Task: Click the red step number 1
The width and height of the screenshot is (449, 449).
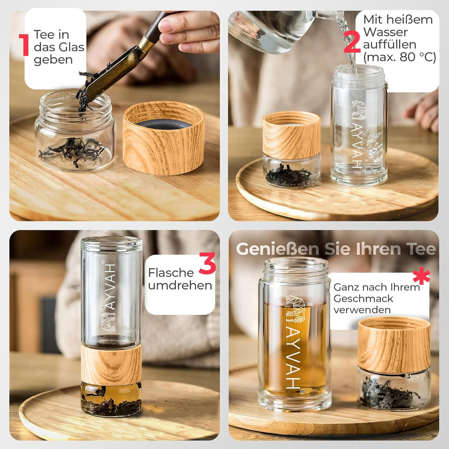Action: pos(24,44)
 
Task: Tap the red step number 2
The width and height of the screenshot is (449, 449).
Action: pos(352,42)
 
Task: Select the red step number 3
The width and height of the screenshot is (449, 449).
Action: pos(207,264)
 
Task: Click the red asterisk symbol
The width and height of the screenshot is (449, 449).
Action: pos(421,276)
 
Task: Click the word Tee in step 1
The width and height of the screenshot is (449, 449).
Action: pos(44,34)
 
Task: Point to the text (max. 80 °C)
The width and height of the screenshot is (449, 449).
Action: pos(400,57)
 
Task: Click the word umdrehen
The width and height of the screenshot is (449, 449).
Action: pos(180,286)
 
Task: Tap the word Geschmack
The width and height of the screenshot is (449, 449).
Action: pos(363,299)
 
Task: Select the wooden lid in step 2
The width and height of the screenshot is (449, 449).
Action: pos(291,135)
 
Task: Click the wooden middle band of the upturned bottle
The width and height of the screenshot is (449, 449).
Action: pos(111,364)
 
